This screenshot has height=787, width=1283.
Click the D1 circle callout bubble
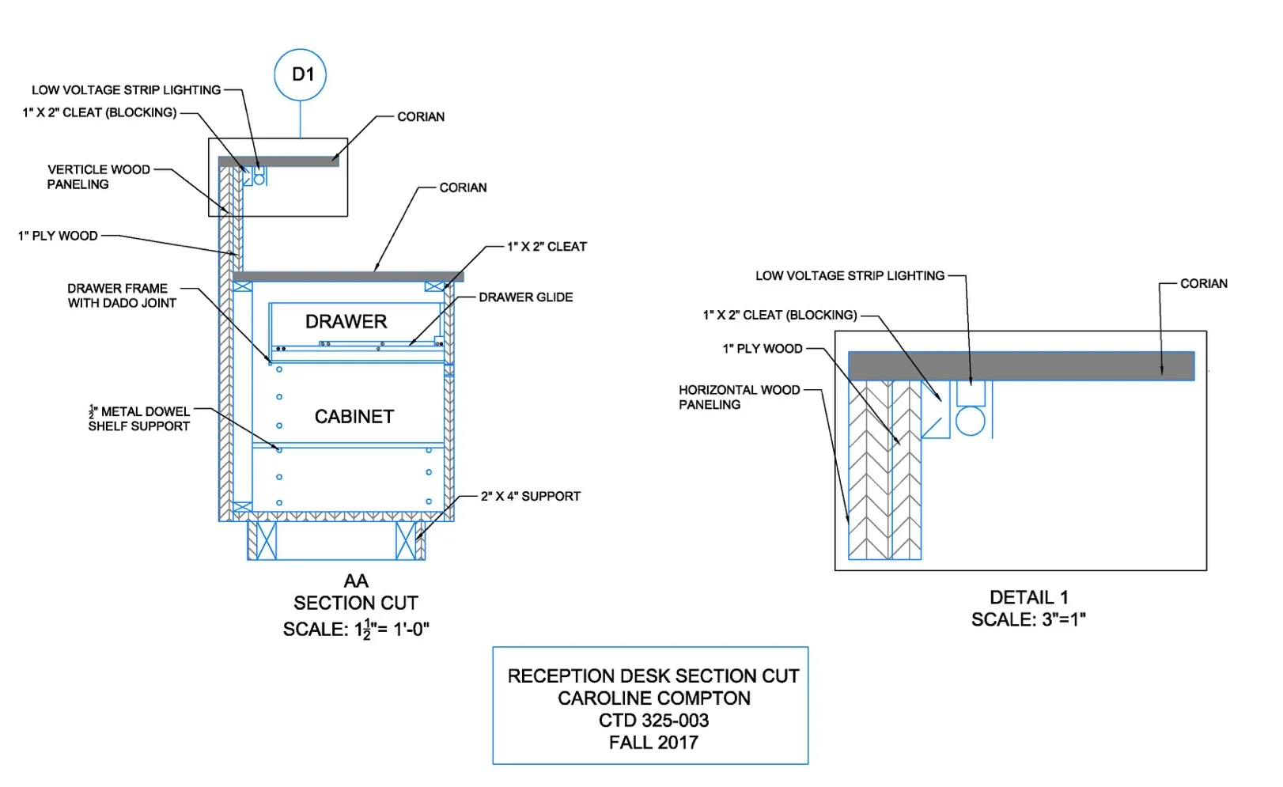tap(300, 75)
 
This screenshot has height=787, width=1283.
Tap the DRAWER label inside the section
tap(346, 322)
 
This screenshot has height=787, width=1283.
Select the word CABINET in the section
tap(354, 417)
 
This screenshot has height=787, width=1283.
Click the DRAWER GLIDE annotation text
tap(525, 297)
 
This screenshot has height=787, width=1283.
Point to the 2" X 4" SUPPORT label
tap(530, 497)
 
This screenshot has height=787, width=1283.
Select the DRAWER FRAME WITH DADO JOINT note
tap(121, 296)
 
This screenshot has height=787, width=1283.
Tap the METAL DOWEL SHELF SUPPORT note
tap(139, 419)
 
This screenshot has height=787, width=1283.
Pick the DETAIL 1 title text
tap(1028, 598)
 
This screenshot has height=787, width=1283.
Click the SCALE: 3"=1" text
tap(1028, 620)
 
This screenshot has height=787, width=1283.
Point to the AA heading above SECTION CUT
tap(356, 581)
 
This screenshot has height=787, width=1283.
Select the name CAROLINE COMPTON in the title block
tap(653, 698)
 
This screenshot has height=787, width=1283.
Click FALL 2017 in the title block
tap(653, 743)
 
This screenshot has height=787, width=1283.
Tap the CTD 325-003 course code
tap(653, 721)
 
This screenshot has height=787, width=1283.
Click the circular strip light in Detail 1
tap(970, 421)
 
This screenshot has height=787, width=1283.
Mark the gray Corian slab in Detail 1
tap(1020, 366)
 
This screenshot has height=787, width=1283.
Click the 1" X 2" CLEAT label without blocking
tap(547, 247)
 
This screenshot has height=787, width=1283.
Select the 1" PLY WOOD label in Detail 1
tap(762, 349)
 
